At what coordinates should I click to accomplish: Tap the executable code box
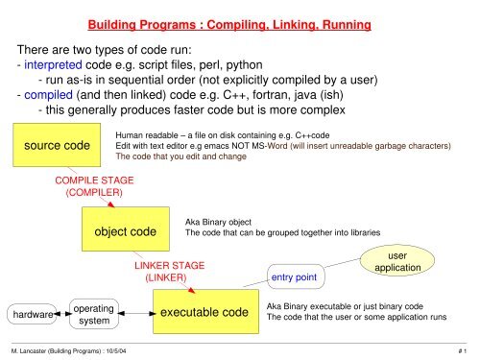(204, 313)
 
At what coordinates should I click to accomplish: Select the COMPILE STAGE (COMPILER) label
(93, 186)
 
